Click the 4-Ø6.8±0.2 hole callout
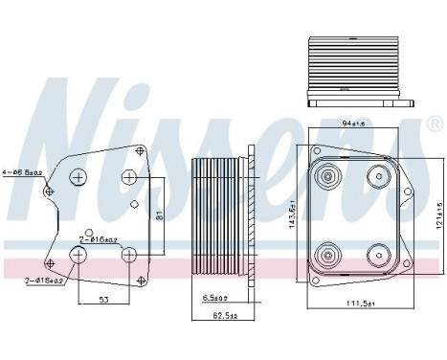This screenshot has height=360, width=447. (x=22, y=173)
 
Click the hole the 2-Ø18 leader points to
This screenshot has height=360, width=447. (x=78, y=255)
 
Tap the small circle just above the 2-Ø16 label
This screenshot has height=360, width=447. (x=89, y=234)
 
